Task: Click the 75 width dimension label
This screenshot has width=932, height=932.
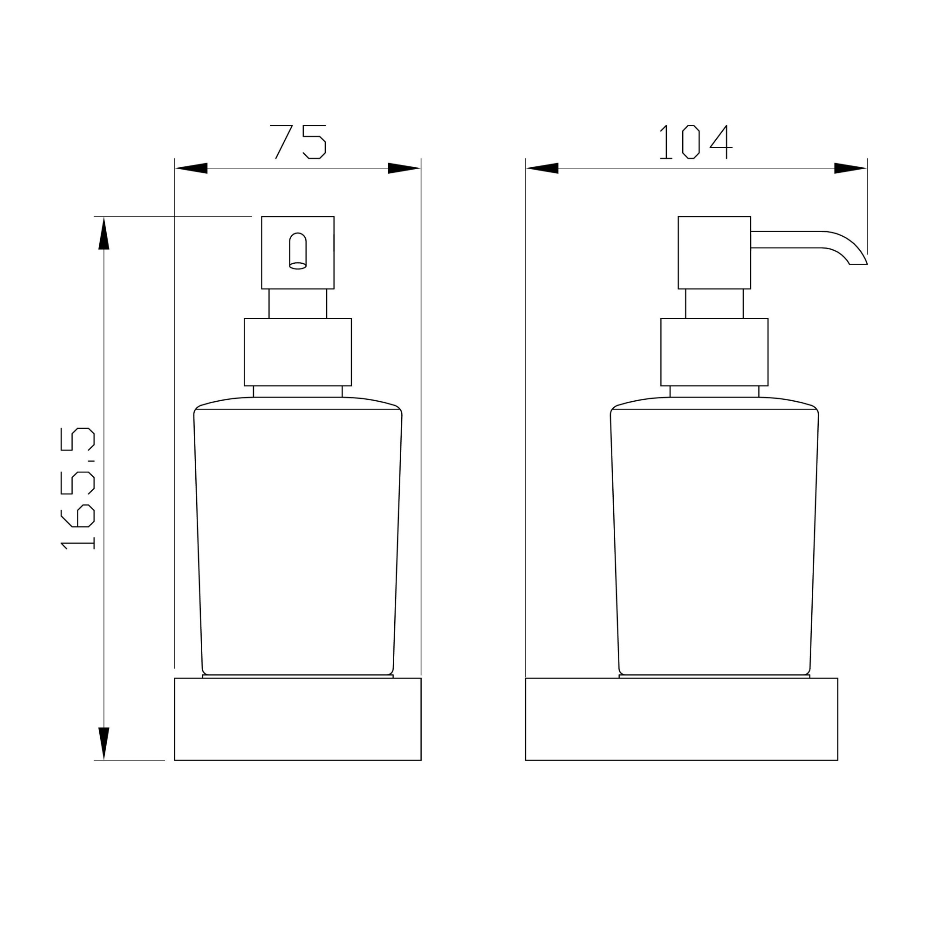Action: pyautogui.click(x=298, y=141)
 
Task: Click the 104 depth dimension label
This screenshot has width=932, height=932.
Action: pyautogui.click(x=696, y=142)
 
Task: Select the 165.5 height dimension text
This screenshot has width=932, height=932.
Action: pyautogui.click(x=78, y=489)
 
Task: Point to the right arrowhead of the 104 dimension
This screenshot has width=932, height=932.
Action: pyautogui.click(x=850, y=168)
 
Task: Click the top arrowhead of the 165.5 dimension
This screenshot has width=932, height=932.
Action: pyautogui.click(x=104, y=234)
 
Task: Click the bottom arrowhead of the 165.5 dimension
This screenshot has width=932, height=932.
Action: pyautogui.click(x=104, y=743)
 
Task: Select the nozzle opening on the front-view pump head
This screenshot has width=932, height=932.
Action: pyautogui.click(x=298, y=251)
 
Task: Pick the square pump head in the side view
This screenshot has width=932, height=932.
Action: pyautogui.click(x=714, y=252)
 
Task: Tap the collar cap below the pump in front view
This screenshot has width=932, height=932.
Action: pyautogui.click(x=298, y=352)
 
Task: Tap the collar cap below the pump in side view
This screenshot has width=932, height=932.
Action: pyautogui.click(x=714, y=352)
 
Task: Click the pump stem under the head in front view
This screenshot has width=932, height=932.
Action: pyautogui.click(x=298, y=303)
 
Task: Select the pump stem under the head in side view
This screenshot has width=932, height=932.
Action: pyautogui.click(x=714, y=303)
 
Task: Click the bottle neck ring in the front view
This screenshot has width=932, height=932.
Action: pyautogui.click(x=298, y=391)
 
